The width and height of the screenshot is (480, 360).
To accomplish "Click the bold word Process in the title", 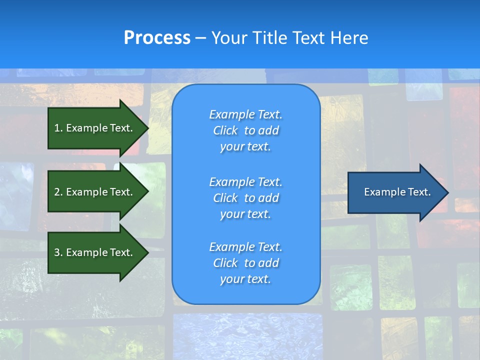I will click(157, 38).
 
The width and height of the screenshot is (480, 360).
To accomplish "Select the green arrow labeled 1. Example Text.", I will click(95, 128).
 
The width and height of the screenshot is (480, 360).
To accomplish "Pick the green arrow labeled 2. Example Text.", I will click(95, 192).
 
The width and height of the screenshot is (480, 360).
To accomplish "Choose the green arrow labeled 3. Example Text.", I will click(95, 252).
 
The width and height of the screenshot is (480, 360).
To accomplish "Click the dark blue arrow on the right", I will click(395, 192).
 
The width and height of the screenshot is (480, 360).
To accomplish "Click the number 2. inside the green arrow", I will click(58, 192).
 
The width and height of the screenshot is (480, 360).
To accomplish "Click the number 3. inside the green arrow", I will click(58, 252).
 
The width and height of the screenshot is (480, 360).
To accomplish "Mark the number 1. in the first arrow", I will click(58, 128).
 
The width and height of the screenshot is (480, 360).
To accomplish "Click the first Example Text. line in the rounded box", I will click(245, 114).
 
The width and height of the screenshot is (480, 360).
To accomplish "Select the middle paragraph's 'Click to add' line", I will click(245, 198).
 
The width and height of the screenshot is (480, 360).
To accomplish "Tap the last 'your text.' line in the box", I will click(245, 279).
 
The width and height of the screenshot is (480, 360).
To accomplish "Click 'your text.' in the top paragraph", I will click(245, 146).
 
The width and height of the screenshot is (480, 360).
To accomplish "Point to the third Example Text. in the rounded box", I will click(245, 247).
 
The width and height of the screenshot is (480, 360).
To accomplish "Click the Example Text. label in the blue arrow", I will click(397, 192).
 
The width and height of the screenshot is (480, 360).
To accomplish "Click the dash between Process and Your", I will click(201, 38).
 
